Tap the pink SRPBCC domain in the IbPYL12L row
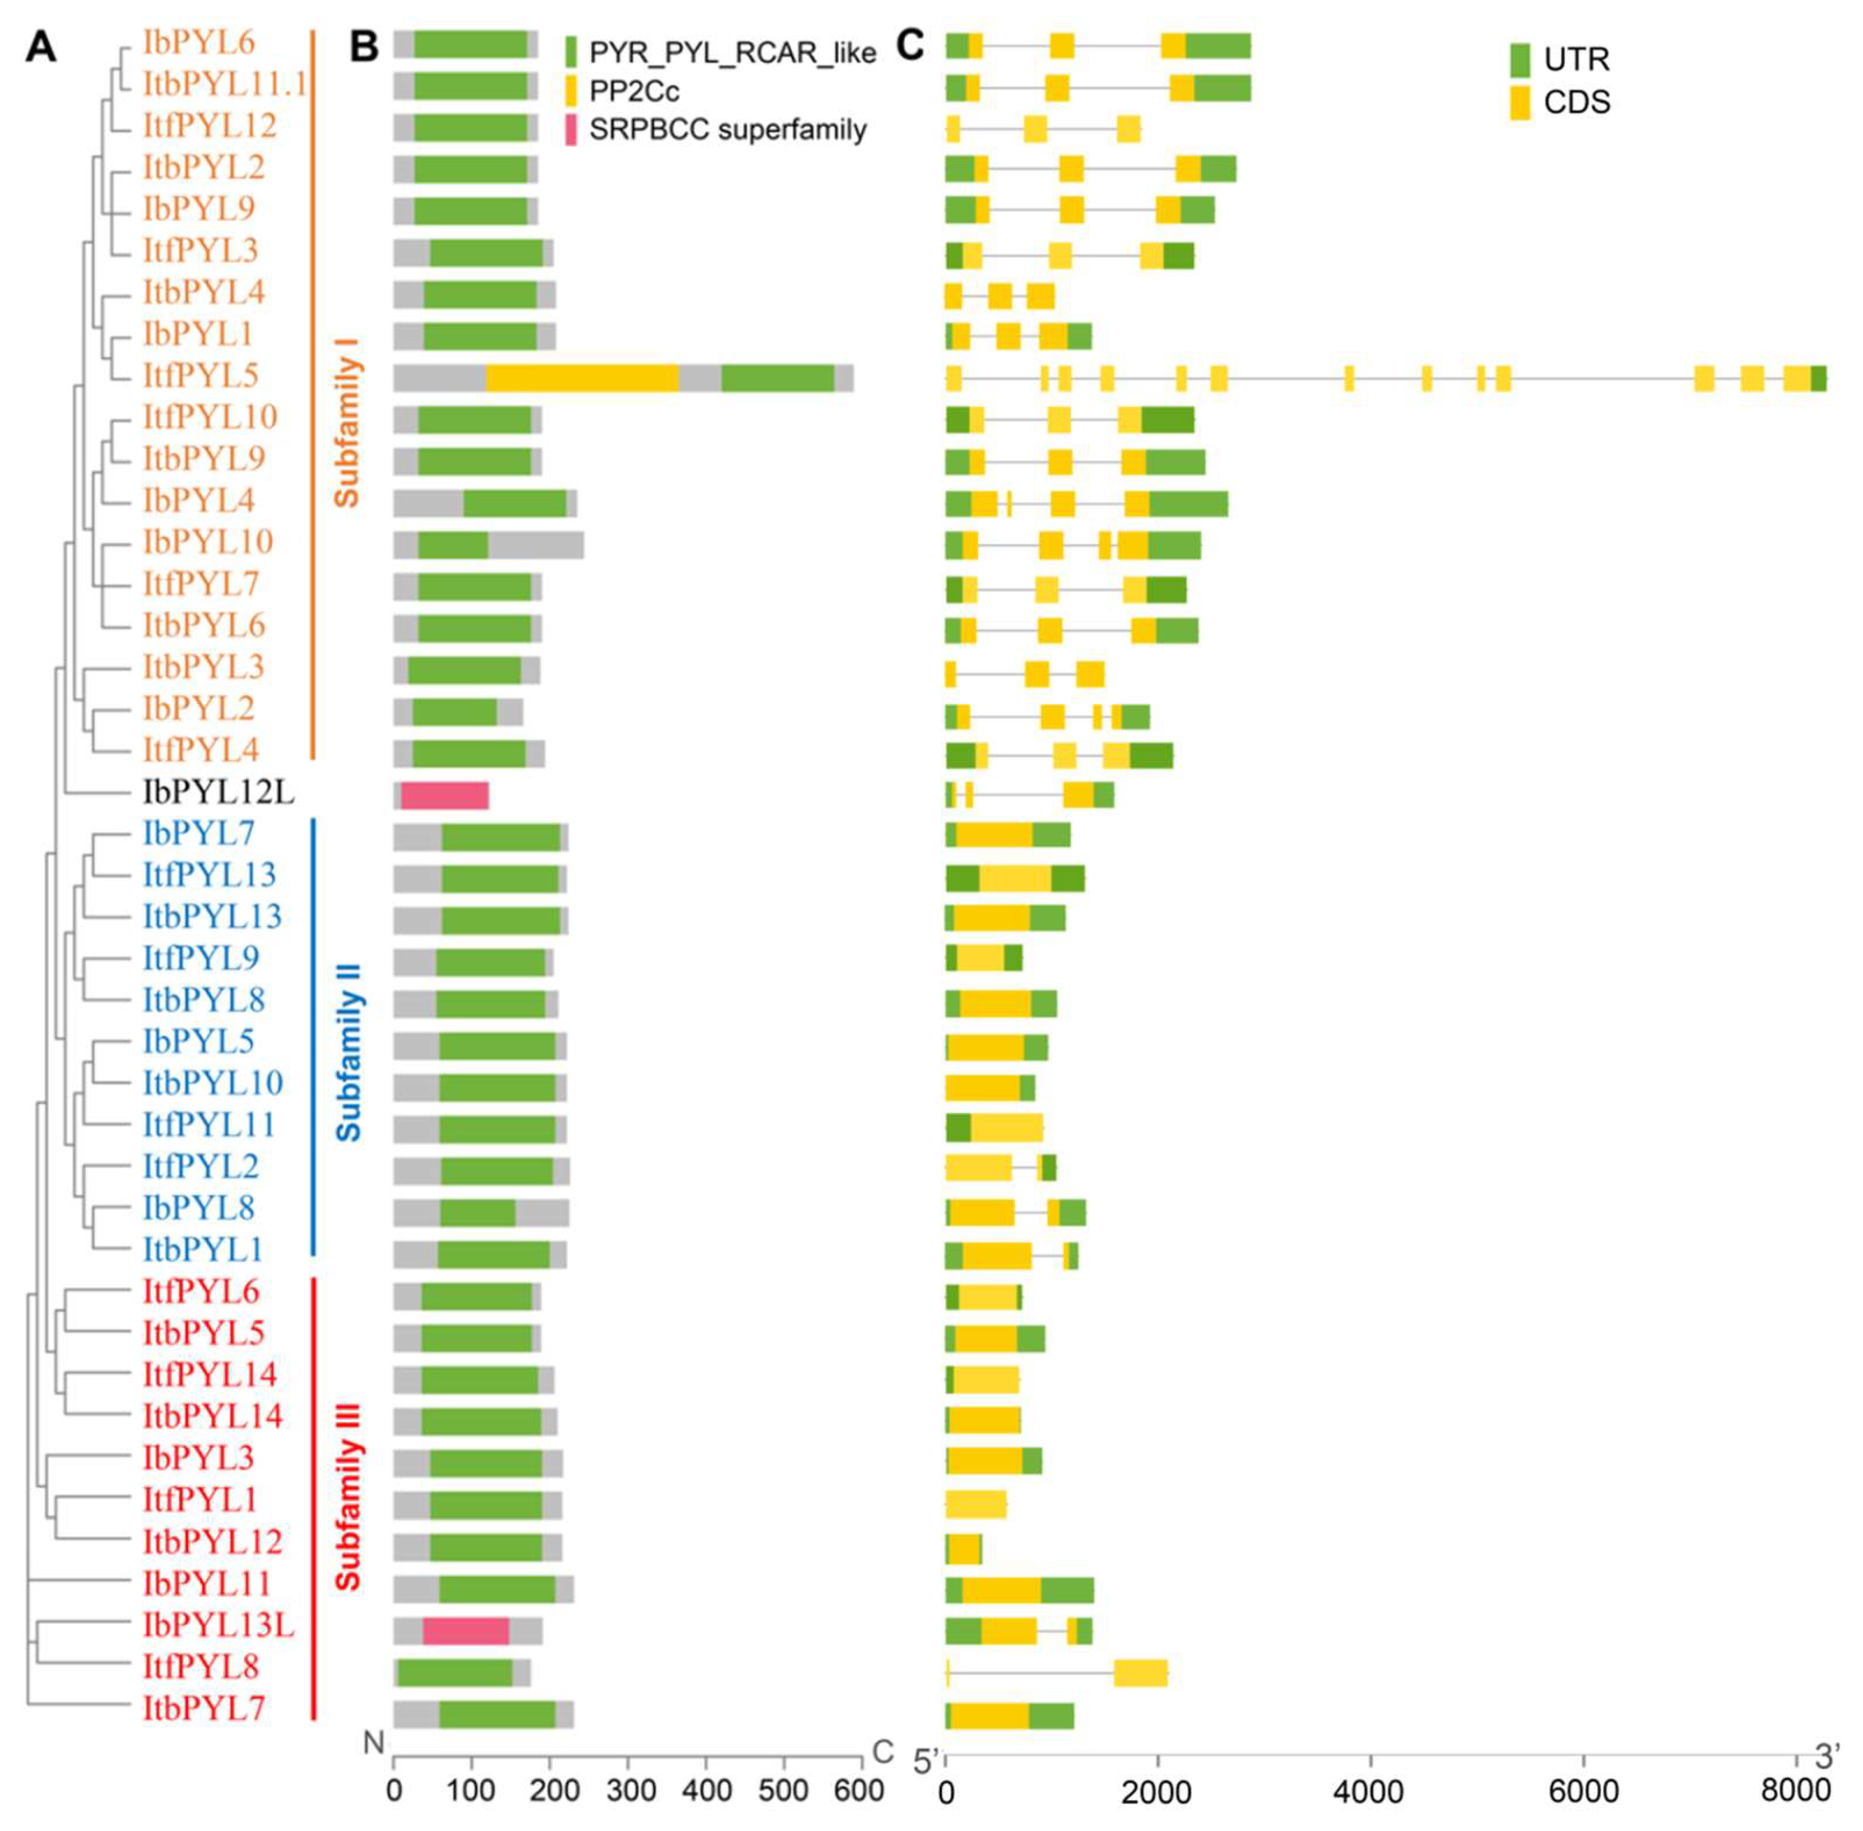point(444,796)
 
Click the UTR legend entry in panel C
point(1576,60)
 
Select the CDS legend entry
point(1576,102)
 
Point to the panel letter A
point(41,46)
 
